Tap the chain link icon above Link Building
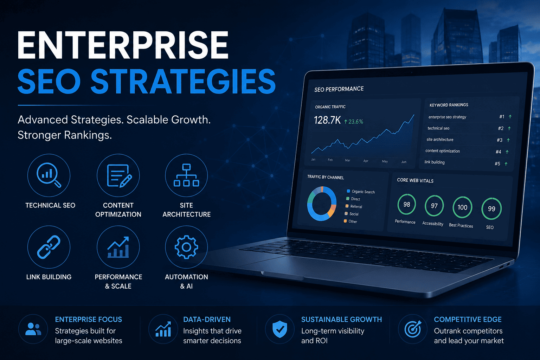pyautogui.click(x=49, y=247)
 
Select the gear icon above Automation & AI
pyautogui.click(x=186, y=247)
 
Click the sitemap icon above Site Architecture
pyautogui.click(x=186, y=175)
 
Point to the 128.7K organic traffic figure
pyautogui.click(x=327, y=120)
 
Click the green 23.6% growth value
pyautogui.click(x=353, y=122)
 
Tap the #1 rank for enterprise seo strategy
pyautogui.click(x=502, y=117)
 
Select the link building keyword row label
pyautogui.click(x=435, y=162)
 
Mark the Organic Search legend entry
pyautogui.click(x=361, y=192)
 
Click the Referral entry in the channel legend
pyautogui.click(x=354, y=206)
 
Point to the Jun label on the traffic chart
pyautogui.click(x=404, y=162)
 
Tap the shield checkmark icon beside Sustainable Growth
pyautogui.click(x=279, y=329)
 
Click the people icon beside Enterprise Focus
pyautogui.click(x=33, y=329)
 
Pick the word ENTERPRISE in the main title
pyautogui.click(x=123, y=45)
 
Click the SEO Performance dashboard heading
pyautogui.click(x=339, y=89)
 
